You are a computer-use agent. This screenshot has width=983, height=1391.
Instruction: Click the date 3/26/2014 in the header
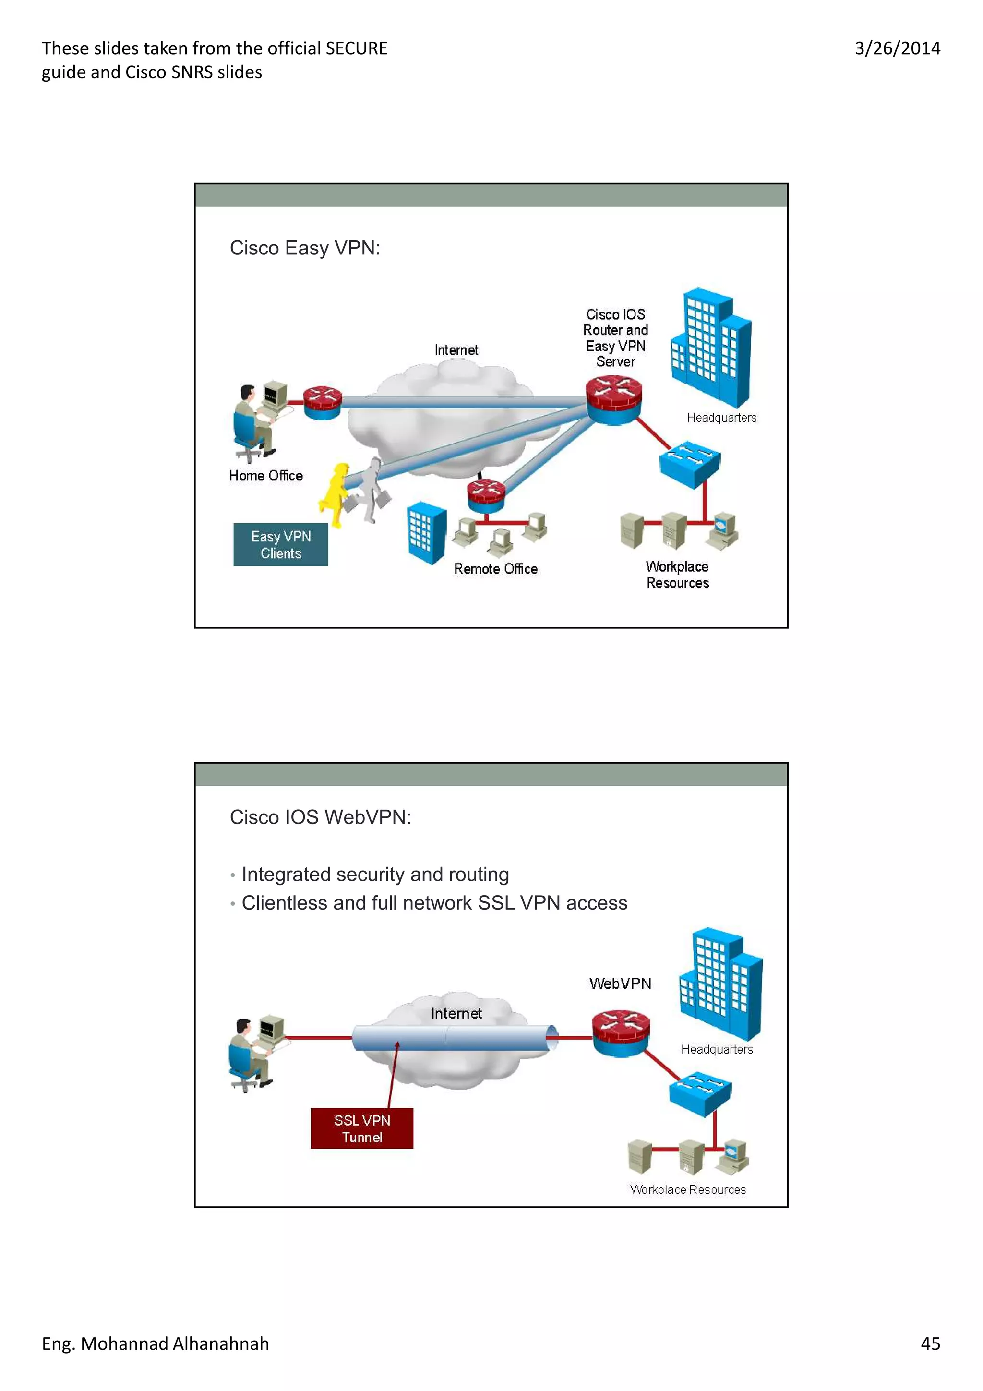pos(897,48)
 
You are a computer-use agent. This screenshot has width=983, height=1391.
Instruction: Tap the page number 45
pos(930,1343)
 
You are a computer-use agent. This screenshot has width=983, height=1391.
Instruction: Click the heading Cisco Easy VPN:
pos(305,248)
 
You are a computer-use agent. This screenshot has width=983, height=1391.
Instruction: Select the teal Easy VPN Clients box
pos(280,545)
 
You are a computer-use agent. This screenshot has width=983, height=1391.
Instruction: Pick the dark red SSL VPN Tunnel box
pos(361,1128)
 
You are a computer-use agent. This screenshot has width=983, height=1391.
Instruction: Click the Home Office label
pos(266,476)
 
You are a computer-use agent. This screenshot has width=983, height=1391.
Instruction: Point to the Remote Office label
pos(495,569)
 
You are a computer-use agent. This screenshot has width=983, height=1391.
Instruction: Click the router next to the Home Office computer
pos(322,402)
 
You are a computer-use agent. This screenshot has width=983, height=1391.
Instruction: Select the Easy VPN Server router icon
pos(613,399)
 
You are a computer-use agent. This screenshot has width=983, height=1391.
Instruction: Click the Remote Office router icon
pos(486,495)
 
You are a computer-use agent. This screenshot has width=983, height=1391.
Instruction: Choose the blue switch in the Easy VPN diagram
pos(690,464)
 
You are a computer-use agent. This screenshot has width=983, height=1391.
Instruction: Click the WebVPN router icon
pos(620,1032)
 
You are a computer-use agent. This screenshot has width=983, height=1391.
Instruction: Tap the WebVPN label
pos(620,983)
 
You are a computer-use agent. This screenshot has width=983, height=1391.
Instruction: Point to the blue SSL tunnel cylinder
pos(454,1038)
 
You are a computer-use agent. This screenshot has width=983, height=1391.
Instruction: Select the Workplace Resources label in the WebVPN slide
pos(687,1189)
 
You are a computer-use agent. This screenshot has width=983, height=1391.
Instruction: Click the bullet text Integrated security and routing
pos(375,874)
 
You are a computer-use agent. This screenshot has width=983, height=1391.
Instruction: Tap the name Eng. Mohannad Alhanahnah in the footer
pos(155,1343)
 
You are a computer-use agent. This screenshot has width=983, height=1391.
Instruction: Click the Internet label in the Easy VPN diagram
pos(456,350)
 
